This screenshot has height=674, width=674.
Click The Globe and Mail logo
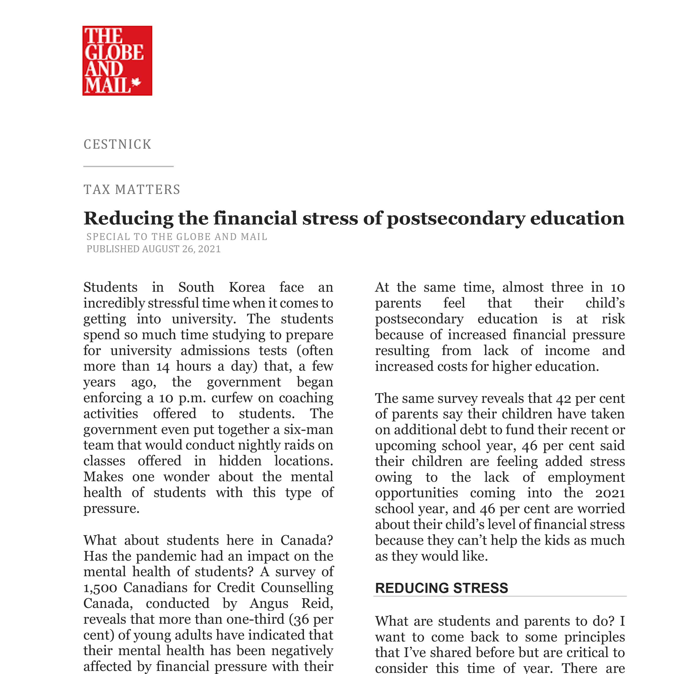117,60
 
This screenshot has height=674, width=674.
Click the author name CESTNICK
118,144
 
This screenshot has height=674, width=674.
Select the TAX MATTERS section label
132,189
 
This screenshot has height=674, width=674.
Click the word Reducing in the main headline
128,219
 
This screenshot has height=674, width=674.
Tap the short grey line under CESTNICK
128,166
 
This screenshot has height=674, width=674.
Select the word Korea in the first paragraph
247,287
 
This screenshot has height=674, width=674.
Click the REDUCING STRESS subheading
441,588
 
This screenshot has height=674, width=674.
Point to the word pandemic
165,556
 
